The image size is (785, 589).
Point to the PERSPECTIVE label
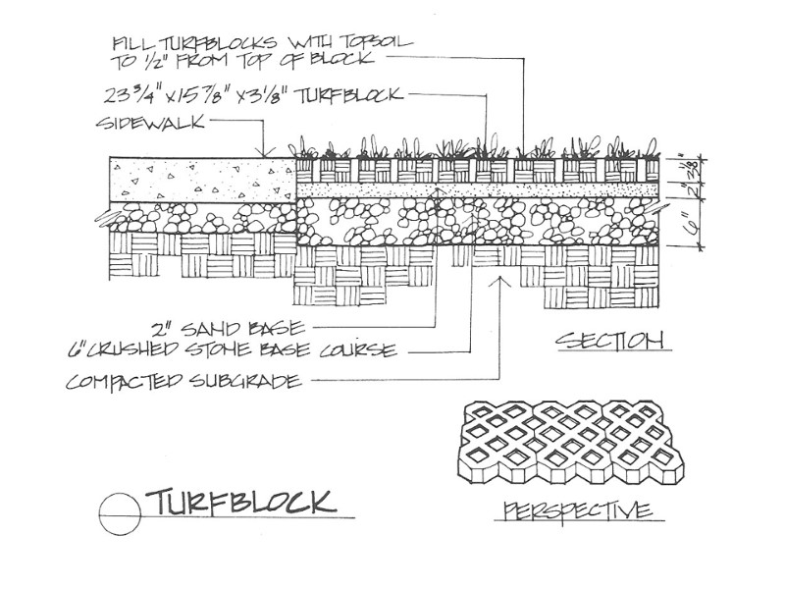click(577, 510)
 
